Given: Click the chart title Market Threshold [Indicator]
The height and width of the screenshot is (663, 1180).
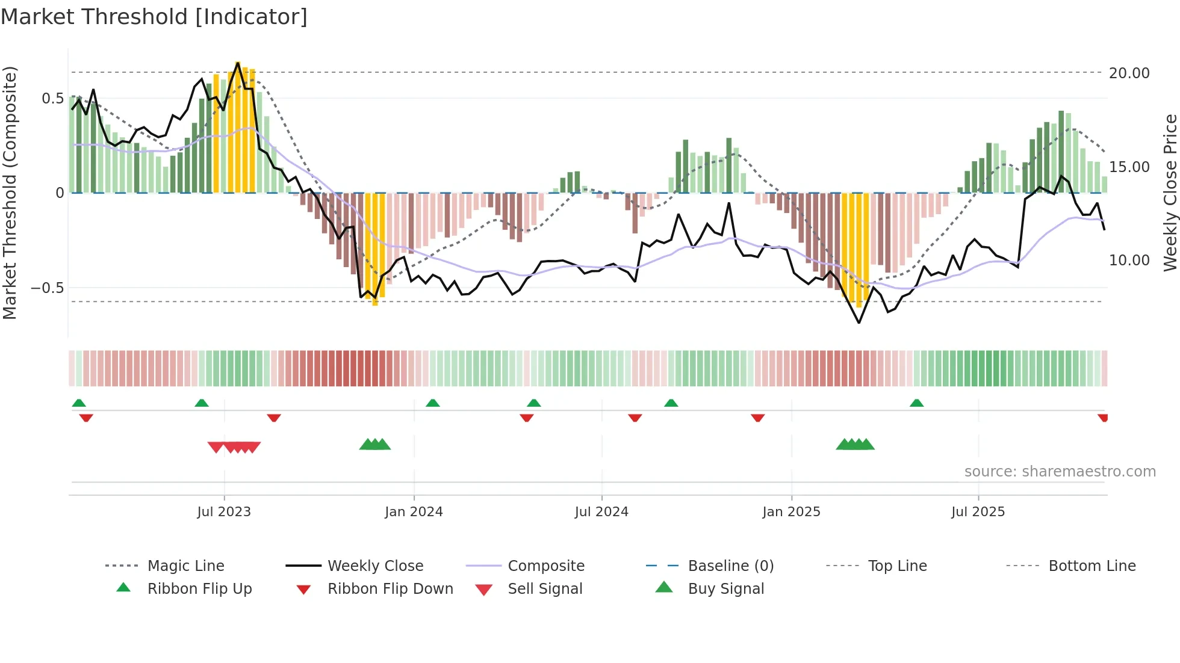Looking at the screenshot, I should [x=154, y=17].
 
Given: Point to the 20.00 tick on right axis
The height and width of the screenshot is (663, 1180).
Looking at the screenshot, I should [x=1129, y=73].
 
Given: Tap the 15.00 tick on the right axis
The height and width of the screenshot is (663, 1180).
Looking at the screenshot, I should [x=1129, y=167].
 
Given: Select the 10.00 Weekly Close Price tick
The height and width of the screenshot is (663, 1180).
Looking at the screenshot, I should [x=1129, y=261].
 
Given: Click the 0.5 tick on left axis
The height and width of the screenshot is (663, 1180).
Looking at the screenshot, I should [x=52, y=99].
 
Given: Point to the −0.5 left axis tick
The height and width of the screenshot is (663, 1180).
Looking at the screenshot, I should [x=48, y=288].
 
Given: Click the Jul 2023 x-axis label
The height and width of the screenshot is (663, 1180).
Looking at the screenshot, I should [x=224, y=512].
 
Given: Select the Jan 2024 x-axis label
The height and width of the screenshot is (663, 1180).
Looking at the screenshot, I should [x=414, y=512].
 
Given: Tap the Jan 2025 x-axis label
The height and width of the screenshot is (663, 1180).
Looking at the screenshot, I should [x=791, y=512].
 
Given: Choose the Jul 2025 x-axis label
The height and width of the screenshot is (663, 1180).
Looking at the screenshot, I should [x=978, y=512].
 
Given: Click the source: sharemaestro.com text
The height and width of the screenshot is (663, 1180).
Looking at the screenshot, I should [x=1060, y=472].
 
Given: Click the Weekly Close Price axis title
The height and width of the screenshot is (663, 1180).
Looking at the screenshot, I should [x=1170, y=193].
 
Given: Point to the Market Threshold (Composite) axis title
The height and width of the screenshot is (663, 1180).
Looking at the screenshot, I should [x=10, y=193].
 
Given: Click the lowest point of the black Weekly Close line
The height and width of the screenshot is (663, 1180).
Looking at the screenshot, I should [x=859, y=323].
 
